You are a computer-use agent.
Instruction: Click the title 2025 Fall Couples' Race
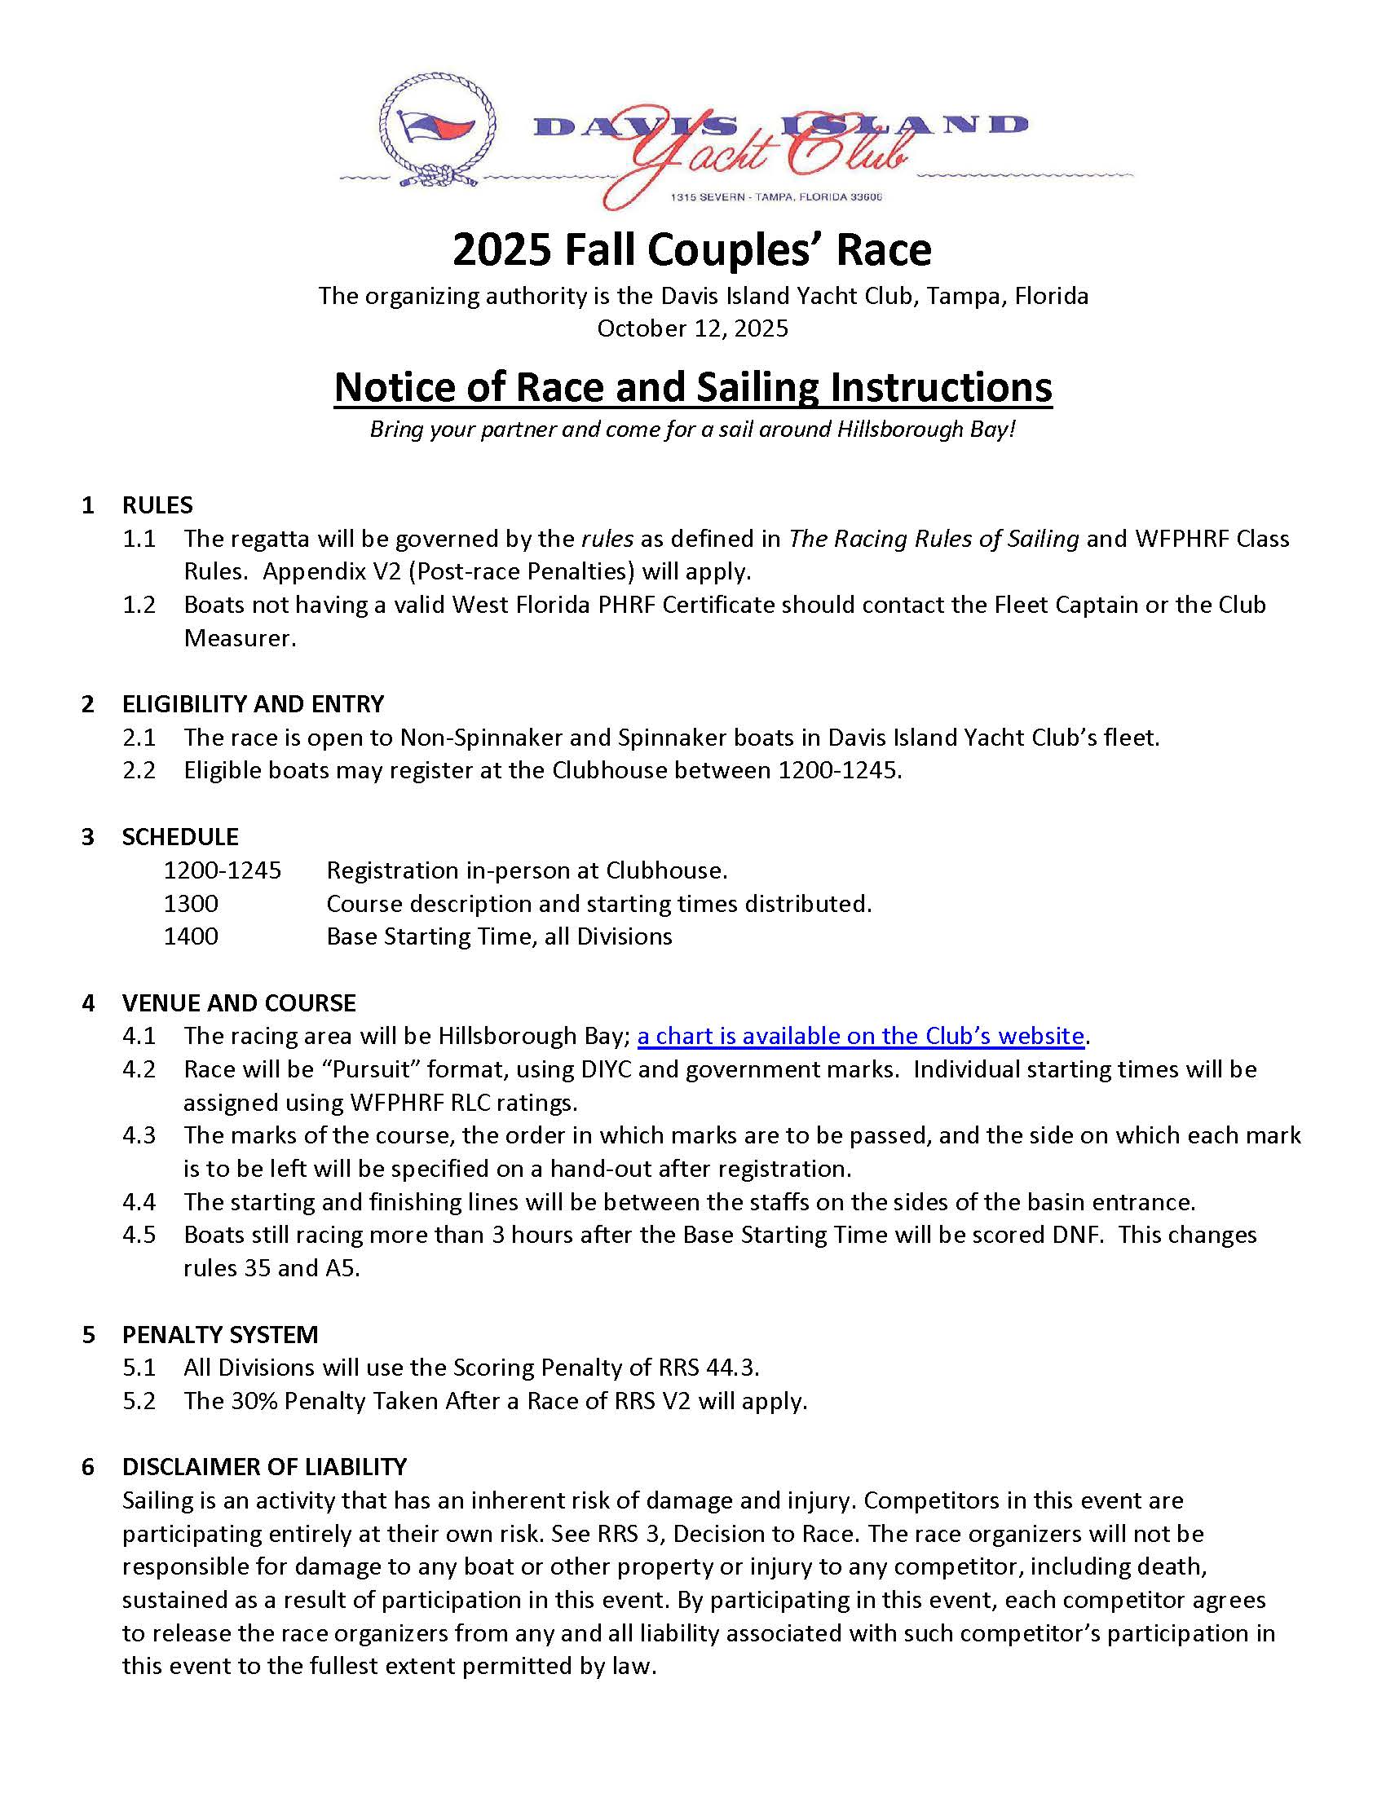pos(692,249)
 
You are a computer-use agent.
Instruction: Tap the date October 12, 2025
pos(692,328)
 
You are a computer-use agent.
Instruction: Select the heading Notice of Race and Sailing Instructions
pos(692,386)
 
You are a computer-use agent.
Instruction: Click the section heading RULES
pos(157,505)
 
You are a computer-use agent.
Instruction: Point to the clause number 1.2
pos(139,604)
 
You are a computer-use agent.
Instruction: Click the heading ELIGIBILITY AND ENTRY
pos(253,703)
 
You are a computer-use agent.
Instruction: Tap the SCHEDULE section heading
pos(180,836)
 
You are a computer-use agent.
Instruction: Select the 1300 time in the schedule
pos(191,903)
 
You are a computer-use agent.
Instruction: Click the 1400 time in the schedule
pos(191,936)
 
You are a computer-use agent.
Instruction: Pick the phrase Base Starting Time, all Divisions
pos(498,936)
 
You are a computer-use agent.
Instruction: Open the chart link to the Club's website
pos(860,1036)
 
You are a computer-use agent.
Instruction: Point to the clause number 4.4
pos(139,1202)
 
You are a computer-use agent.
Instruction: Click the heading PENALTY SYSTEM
pos(219,1334)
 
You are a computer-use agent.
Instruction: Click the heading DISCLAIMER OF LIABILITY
pos(264,1467)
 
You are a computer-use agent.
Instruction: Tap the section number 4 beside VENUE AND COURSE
pos(88,1003)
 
